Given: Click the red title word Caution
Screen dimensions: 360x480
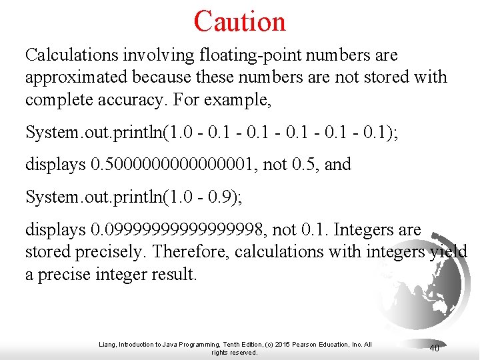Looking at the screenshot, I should [239, 21].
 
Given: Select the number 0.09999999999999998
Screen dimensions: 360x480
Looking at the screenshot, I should [177, 230].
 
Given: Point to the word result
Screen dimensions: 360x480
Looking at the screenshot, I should [173, 274].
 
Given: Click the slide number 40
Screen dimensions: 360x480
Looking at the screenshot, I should [434, 347].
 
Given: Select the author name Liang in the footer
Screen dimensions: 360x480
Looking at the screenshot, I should [107, 345].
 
